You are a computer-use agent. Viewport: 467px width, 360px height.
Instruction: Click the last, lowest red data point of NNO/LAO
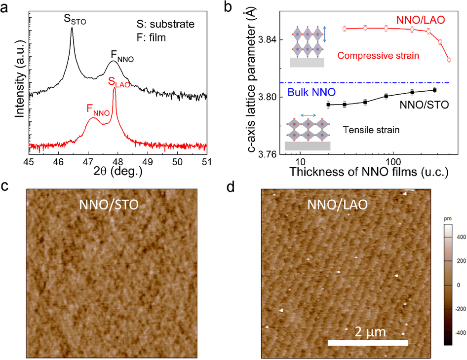click(x=449, y=60)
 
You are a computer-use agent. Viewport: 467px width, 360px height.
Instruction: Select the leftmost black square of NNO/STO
click(x=328, y=105)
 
